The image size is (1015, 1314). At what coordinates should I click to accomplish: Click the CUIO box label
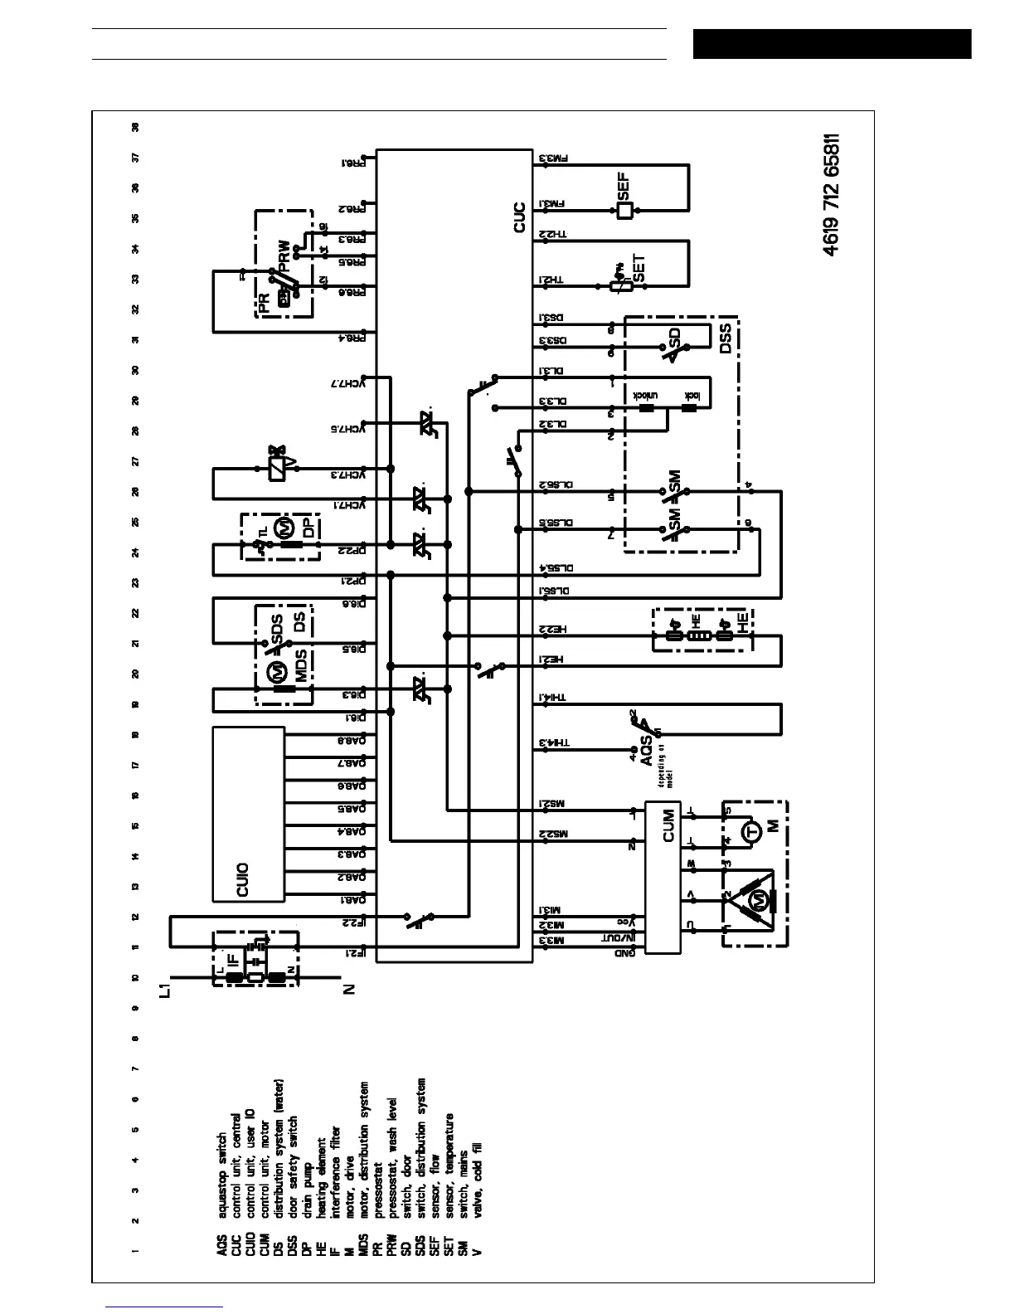[243, 879]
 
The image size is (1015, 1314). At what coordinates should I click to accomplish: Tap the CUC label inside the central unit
[520, 217]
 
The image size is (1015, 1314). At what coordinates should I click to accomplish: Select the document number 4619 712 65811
[833, 194]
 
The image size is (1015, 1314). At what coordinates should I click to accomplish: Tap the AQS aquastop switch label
[649, 751]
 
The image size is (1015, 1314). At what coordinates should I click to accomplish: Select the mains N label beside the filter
[349, 989]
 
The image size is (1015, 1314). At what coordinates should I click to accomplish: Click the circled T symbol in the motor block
[751, 832]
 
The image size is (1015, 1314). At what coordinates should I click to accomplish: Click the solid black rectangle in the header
[832, 44]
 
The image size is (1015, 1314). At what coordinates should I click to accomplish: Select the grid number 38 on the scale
[135, 127]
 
